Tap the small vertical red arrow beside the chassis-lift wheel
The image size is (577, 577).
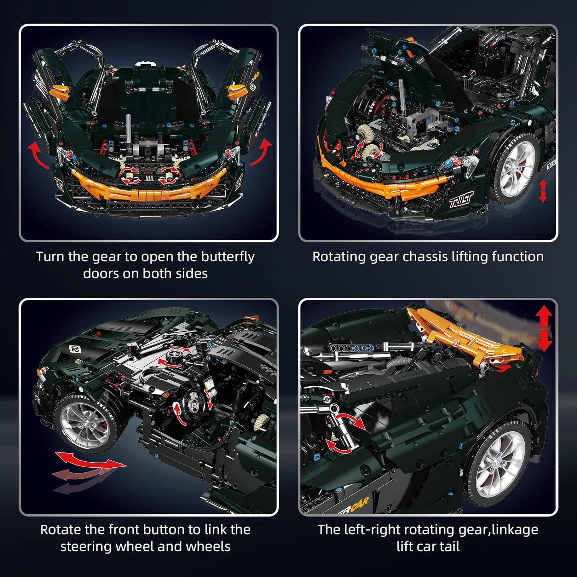click(x=543, y=191)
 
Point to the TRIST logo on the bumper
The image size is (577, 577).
click(x=461, y=199)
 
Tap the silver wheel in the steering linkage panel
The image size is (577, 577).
click(x=85, y=423)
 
